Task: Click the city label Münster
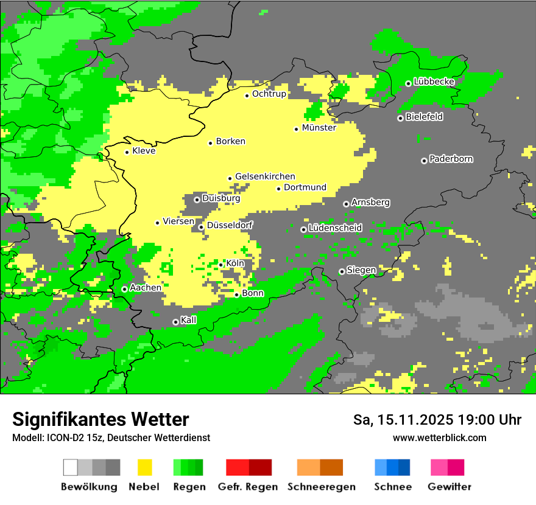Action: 319,128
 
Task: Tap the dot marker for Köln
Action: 221,264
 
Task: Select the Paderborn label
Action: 451,159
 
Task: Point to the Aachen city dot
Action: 124,289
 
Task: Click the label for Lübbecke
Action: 434,82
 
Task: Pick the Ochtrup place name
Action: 269,94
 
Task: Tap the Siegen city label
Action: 361,270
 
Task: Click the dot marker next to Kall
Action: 175,322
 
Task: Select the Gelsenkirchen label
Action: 265,176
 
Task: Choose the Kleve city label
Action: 144,151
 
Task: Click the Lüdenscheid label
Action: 335,228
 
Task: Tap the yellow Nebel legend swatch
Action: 144,467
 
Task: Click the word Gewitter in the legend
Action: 450,487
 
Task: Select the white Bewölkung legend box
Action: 71,467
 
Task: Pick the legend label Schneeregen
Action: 322,487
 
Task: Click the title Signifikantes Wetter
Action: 100,420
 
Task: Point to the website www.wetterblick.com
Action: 439,437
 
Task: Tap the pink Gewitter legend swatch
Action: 439,467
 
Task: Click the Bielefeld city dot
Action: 400,118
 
